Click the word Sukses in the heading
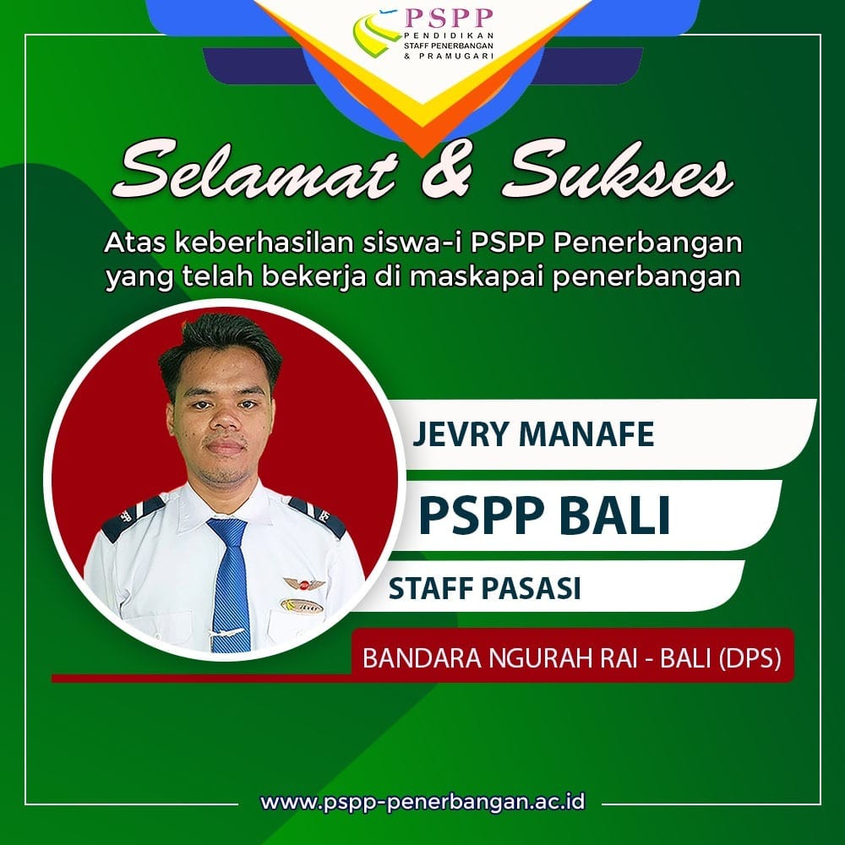[x=618, y=171]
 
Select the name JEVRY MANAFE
[x=533, y=434]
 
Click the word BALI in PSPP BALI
[x=613, y=515]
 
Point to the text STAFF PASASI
[x=484, y=588]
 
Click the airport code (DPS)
[x=750, y=658]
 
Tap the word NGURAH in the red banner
[x=553, y=658]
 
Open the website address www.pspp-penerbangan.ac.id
[x=423, y=801]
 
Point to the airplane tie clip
[x=226, y=632]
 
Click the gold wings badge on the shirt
[x=304, y=583]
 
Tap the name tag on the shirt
[x=302, y=606]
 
